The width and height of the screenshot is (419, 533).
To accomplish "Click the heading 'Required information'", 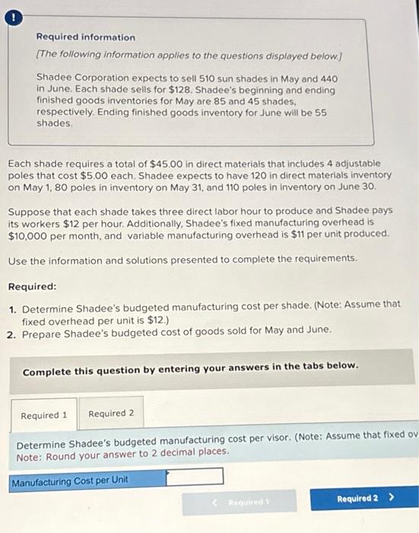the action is [x=85, y=37].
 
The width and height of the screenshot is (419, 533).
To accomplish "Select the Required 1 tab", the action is [x=44, y=414].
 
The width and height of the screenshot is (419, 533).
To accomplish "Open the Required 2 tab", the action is [x=111, y=413].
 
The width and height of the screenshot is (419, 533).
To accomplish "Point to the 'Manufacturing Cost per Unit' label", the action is [x=70, y=480].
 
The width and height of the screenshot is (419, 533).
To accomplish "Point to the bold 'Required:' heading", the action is [x=32, y=286].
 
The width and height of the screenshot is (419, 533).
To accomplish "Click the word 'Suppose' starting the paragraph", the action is [x=28, y=209].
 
